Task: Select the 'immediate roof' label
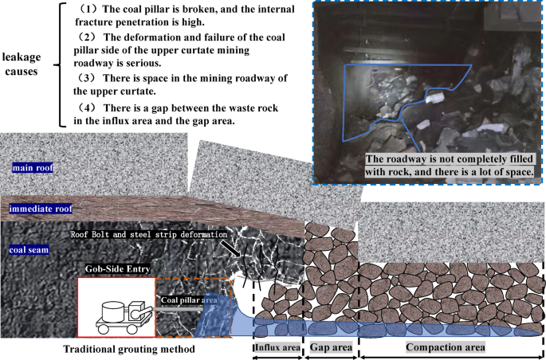tap(41, 209)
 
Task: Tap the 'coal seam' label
tap(29, 249)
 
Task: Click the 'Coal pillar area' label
tap(189, 300)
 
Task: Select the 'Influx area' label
tap(277, 348)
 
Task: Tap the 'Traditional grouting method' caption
tap(128, 349)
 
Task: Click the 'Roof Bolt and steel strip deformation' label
tap(148, 235)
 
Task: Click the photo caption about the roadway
tap(450, 163)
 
